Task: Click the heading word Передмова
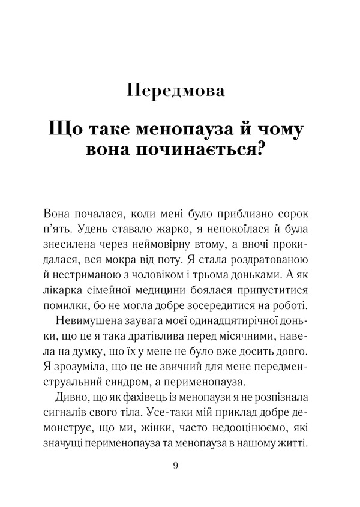(176, 91)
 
